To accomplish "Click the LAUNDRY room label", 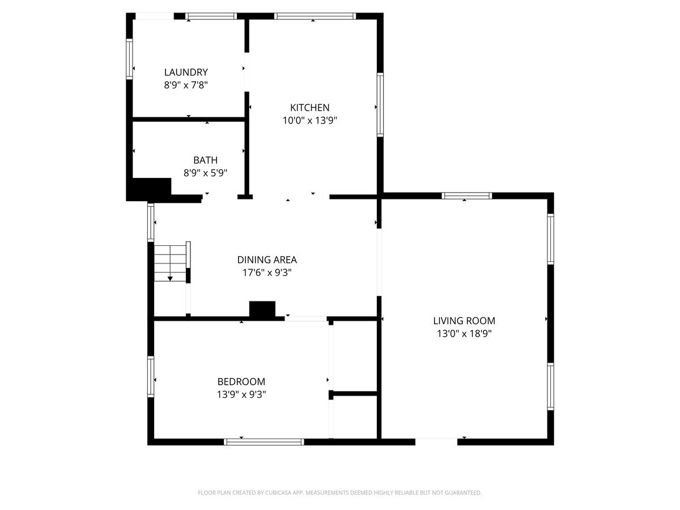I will (x=186, y=72).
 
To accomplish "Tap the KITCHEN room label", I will (x=309, y=108).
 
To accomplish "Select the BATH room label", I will (x=205, y=160).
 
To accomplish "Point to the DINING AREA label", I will (x=267, y=260).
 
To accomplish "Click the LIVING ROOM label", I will (x=464, y=321).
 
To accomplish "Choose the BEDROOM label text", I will (x=241, y=381).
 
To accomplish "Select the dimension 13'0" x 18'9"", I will (x=464, y=334).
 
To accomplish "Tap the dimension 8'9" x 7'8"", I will (x=186, y=85).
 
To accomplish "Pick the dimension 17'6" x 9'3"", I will (x=267, y=273).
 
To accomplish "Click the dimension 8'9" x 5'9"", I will (x=205, y=173).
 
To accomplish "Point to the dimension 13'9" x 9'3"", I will (x=241, y=394).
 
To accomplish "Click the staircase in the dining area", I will (x=171, y=262).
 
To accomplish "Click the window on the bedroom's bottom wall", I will (x=264, y=441).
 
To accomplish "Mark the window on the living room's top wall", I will (x=467, y=196).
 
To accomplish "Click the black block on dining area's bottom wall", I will (x=262, y=309).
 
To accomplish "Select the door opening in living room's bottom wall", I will (x=436, y=441).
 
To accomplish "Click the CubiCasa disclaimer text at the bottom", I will (x=339, y=492).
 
